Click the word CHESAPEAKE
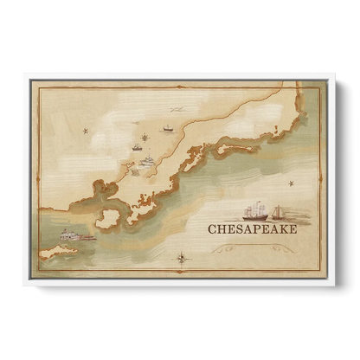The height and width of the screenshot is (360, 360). click(x=252, y=230)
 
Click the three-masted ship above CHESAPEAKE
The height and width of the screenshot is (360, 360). click(x=254, y=212)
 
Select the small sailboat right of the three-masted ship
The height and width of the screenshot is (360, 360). click(x=278, y=213)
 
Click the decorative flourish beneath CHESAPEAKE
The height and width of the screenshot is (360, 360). click(x=252, y=248)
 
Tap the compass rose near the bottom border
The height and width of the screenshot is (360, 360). click(x=181, y=257)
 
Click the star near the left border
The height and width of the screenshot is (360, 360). click(x=85, y=131)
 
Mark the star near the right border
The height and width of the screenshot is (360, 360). click(x=292, y=184)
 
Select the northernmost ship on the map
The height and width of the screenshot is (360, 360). click(x=168, y=128)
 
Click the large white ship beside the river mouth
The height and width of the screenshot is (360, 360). click(x=147, y=160)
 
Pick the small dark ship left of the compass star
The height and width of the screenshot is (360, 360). click(x=136, y=148)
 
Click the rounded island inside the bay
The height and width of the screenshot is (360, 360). click(x=108, y=219)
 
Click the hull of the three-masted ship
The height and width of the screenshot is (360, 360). click(x=254, y=218)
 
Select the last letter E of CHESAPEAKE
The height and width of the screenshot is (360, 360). click(x=292, y=230)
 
